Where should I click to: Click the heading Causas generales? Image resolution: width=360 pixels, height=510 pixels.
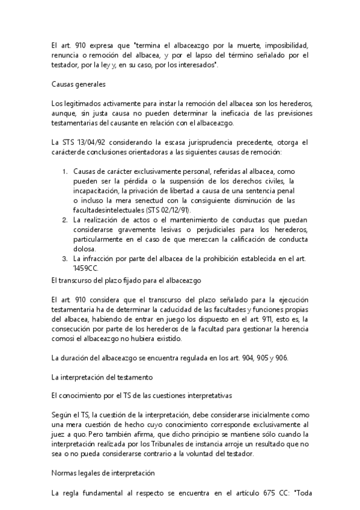pyautogui.click(x=79, y=85)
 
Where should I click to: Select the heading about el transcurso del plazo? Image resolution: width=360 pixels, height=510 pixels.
pyautogui.click(x=130, y=280)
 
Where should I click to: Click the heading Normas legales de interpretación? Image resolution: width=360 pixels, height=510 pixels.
pyautogui.click(x=103, y=473)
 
